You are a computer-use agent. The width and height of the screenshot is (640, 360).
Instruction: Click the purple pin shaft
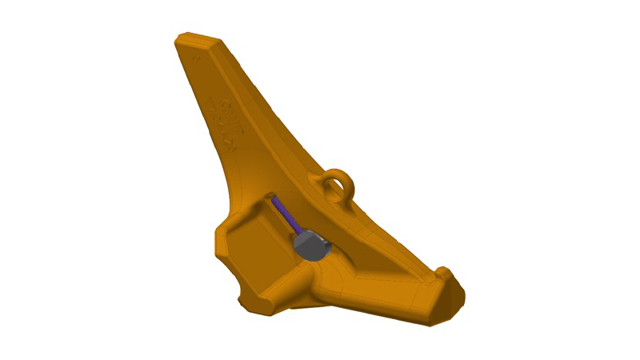point(283,215)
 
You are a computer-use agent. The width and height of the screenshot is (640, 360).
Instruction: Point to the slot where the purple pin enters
point(271,197)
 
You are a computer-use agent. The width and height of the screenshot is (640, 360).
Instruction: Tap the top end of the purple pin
point(274,201)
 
